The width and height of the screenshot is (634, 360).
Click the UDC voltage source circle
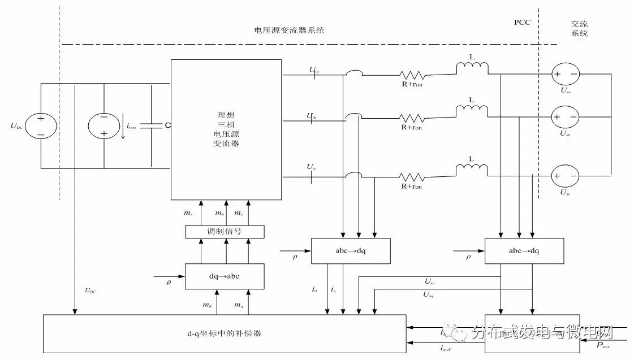point(41,125)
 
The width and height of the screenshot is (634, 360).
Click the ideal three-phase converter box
point(226,129)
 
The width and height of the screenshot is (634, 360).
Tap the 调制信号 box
point(225,232)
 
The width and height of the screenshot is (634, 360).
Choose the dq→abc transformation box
point(225,276)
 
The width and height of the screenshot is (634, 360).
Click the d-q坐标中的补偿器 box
point(225,333)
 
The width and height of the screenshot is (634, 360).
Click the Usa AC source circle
point(566,74)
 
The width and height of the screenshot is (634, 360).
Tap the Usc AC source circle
point(566,176)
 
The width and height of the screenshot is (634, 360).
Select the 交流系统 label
point(580,29)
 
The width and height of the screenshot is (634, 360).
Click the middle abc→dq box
point(350,250)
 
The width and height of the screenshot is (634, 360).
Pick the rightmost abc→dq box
point(524,250)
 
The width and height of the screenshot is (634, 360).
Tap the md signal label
point(207,305)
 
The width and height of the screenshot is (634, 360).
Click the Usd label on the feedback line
point(429,281)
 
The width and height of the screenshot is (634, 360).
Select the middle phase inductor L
point(472,109)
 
